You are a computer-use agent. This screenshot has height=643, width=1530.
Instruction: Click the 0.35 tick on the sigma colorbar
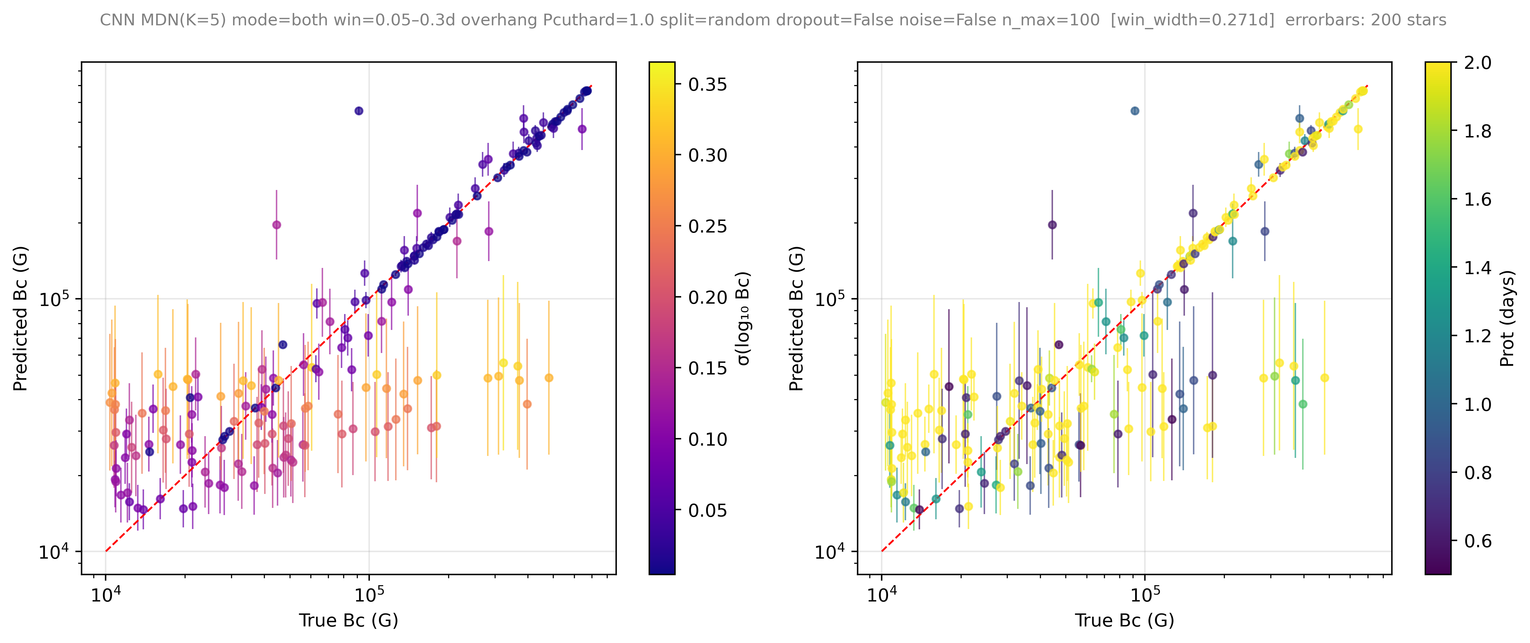click(x=678, y=84)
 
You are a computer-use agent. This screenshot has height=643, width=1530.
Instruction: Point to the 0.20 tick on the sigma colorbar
click(x=678, y=297)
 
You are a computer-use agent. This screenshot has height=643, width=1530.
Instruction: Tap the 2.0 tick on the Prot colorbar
click(x=1454, y=62)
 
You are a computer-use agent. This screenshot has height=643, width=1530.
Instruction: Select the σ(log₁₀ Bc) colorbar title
click(x=743, y=318)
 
